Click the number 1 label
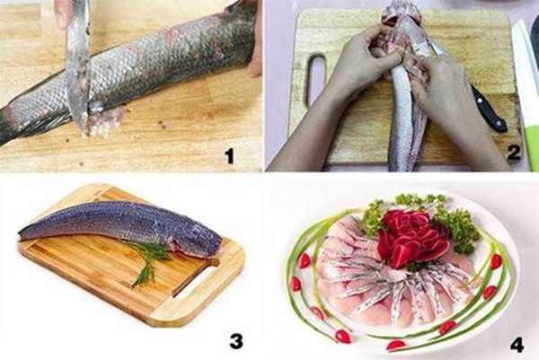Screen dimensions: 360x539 [229, 155]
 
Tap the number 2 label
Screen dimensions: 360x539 [513, 152]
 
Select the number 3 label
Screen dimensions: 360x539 [236, 340]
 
